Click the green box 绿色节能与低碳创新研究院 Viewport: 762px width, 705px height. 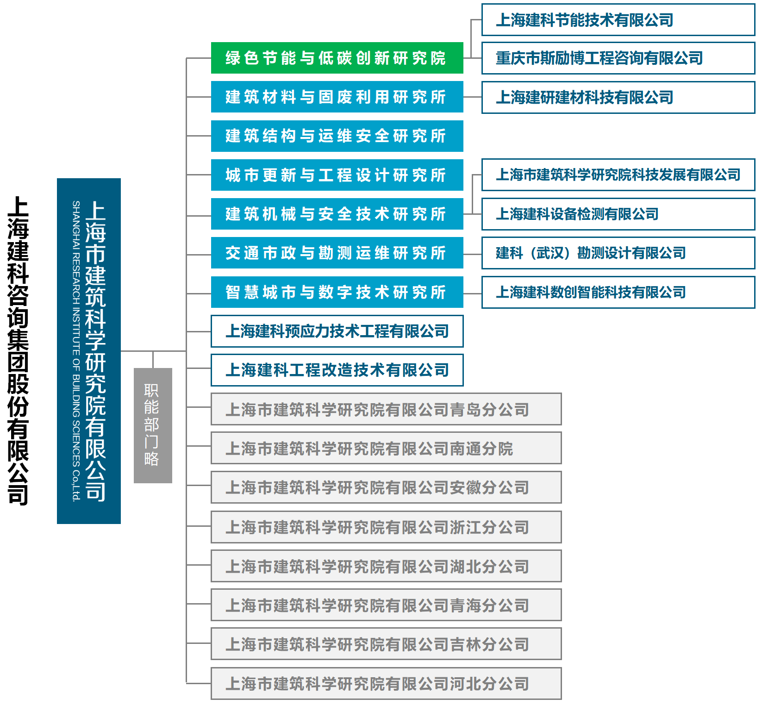tap(337, 58)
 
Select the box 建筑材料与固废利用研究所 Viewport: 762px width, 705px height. tap(337, 97)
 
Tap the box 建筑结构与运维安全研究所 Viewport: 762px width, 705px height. tap(337, 136)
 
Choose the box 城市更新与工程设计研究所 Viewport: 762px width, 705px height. tap(337, 175)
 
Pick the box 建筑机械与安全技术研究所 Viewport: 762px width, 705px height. tap(337, 214)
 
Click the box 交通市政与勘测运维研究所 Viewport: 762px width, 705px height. tap(337, 253)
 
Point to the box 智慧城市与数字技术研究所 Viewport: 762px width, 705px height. tap(337, 292)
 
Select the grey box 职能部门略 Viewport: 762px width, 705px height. tap(153, 425)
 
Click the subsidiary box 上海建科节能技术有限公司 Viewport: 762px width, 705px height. tap(618, 20)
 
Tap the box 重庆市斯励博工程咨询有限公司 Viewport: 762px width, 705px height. tap(618, 58)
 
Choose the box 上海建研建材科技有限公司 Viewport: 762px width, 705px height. tap(618, 98)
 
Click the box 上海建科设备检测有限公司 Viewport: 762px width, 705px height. tap(618, 214)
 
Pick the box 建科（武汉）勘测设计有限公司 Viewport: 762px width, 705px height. tap(618, 253)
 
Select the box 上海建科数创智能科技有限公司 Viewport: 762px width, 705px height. tap(618, 292)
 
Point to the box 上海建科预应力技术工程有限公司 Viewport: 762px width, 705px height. tap(337, 331)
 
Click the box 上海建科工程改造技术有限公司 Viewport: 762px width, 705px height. tap(337, 370)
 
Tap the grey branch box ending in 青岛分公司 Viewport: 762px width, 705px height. tap(386, 409)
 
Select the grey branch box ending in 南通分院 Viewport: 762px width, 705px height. tap(386, 448)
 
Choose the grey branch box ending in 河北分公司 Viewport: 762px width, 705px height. tap(386, 683)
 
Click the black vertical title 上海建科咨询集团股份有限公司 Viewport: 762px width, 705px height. tap(19, 350)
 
